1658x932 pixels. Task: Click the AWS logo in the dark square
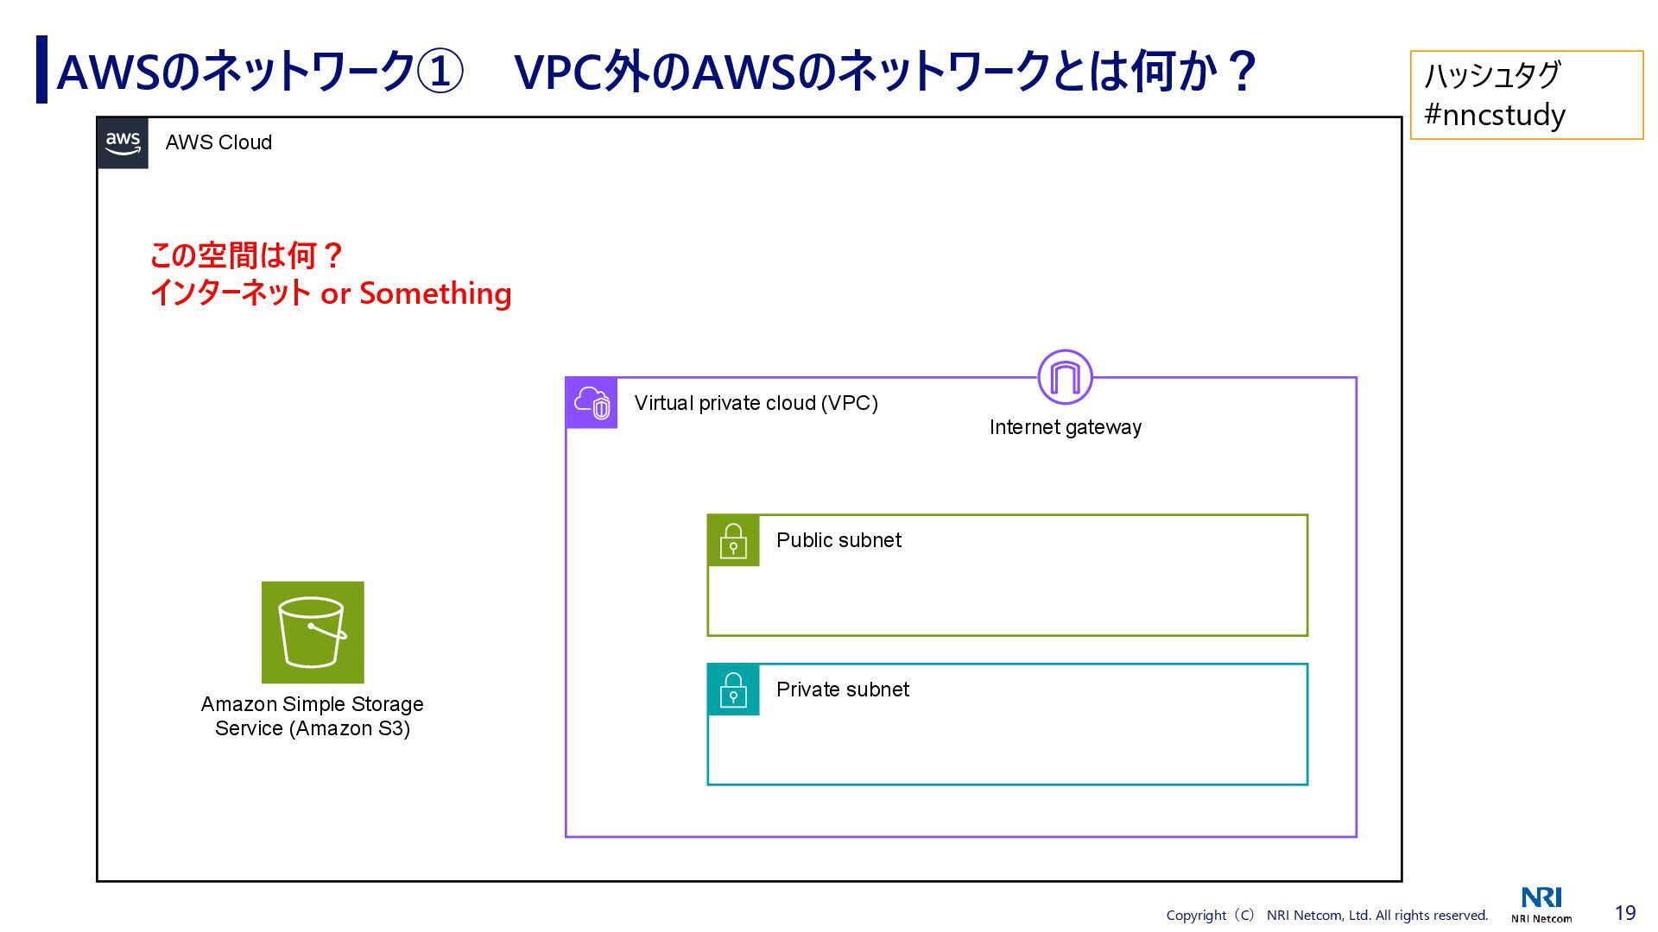click(x=123, y=143)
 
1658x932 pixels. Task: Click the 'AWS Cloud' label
click(x=218, y=142)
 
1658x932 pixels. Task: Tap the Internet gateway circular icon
click(x=1065, y=377)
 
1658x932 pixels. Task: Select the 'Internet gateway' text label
click(x=1065, y=427)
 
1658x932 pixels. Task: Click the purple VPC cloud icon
click(x=592, y=403)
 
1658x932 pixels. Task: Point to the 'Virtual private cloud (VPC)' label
click(x=756, y=403)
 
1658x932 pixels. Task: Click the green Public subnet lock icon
click(x=733, y=541)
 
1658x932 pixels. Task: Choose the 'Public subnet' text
click(x=838, y=540)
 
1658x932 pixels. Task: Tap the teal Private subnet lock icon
click(x=733, y=690)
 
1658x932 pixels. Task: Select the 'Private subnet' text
click(x=842, y=690)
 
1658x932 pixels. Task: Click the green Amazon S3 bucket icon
click(x=313, y=633)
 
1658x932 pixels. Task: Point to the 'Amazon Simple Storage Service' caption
click(x=313, y=716)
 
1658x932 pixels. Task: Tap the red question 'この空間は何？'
click(x=247, y=255)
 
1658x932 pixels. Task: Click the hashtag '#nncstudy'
click(x=1494, y=115)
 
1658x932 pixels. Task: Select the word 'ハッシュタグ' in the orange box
click(x=1492, y=75)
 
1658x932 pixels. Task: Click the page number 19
click(x=1625, y=913)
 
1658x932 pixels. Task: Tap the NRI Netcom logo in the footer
click(x=1541, y=904)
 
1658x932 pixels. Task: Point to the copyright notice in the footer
click(x=1326, y=916)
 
